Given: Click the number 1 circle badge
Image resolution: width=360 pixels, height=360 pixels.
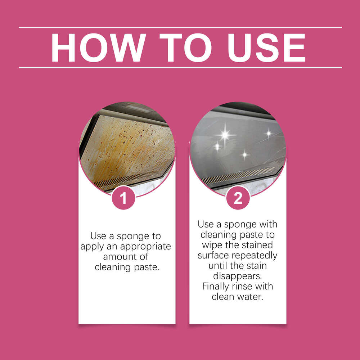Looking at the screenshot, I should point(123,198).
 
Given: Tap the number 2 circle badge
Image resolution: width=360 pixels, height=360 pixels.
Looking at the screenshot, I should point(238,198).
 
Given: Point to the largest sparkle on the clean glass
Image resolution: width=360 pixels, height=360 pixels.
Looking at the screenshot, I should point(225,135).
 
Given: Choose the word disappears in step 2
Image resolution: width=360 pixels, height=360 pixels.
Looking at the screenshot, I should point(238,276).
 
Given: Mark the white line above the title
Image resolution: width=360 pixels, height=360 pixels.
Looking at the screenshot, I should point(180,27).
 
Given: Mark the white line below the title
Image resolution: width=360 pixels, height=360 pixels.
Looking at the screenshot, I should point(180,67).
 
